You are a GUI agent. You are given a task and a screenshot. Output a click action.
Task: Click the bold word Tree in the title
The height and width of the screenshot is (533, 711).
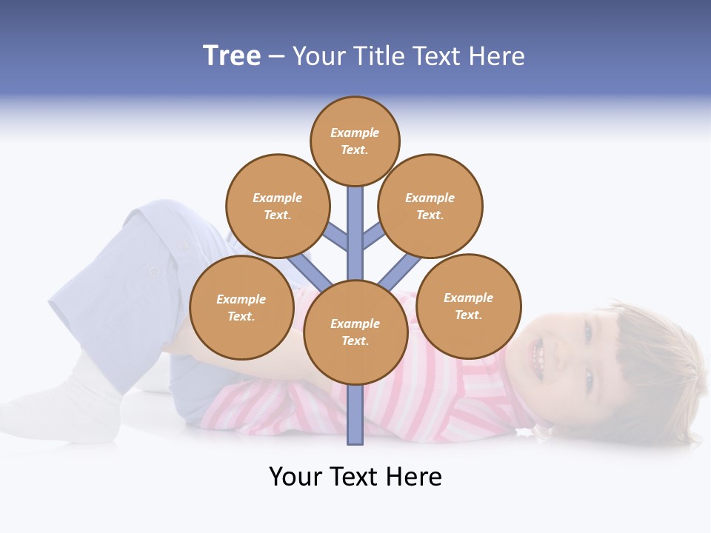coord(232,56)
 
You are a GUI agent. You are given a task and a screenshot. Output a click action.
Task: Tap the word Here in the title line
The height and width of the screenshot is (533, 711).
coord(497,56)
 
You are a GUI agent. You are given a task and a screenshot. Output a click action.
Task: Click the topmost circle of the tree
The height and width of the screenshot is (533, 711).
coord(355,141)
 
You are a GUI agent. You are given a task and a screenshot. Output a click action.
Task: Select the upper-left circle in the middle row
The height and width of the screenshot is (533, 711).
coord(277,206)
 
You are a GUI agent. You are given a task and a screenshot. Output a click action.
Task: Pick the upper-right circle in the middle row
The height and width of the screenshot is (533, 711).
coord(430,206)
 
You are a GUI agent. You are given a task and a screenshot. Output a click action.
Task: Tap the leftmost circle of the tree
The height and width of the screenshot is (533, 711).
coord(241,307)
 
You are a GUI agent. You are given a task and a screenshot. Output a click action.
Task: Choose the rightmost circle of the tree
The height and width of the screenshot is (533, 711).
coord(469,306)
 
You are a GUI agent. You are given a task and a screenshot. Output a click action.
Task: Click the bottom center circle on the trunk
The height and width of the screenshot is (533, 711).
coord(355,332)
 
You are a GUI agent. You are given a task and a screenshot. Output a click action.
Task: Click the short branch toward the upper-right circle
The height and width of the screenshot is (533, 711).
coord(373,236)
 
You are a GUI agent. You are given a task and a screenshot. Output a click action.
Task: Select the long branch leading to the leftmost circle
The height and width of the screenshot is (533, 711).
coord(310,272)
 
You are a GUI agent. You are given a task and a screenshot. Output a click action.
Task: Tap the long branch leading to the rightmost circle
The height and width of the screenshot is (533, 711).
coord(401,272)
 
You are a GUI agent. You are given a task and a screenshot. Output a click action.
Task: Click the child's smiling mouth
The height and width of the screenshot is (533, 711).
coord(538,358)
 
